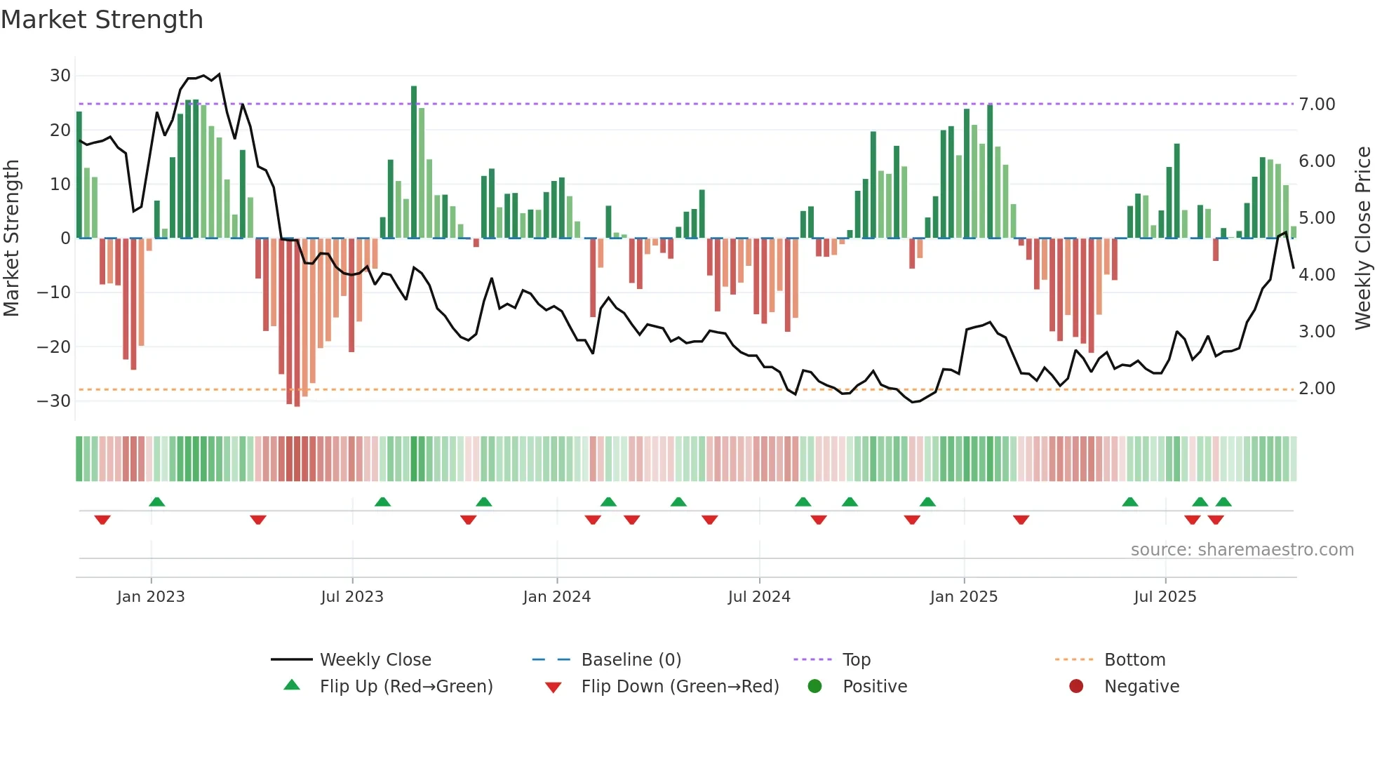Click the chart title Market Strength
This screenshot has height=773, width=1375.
(x=102, y=20)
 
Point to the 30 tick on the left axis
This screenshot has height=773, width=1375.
(x=60, y=76)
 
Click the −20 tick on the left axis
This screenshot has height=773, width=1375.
(x=54, y=347)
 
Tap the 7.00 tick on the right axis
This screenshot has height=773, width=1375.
(x=1317, y=105)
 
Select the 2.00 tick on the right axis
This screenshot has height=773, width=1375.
(x=1317, y=389)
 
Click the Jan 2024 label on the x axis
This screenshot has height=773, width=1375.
(x=557, y=597)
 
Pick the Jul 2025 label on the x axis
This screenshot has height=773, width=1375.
(x=1165, y=597)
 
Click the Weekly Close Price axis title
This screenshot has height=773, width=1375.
(x=1362, y=238)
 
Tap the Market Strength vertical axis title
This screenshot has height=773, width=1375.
(x=11, y=238)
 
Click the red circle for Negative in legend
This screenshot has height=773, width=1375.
(x=1076, y=687)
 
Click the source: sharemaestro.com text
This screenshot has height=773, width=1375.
(x=1242, y=550)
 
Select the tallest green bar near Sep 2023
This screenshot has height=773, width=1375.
(x=414, y=161)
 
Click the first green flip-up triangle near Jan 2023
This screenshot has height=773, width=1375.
(x=157, y=502)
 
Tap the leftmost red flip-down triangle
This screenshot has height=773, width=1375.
(x=102, y=520)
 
